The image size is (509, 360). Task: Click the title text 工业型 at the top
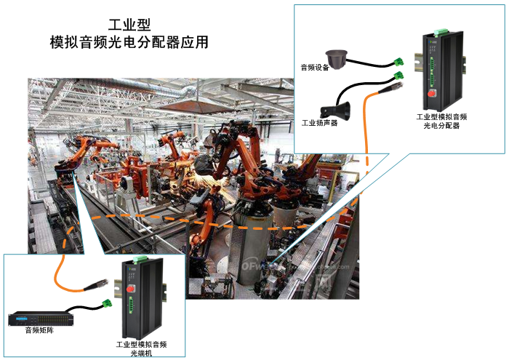point(129,24)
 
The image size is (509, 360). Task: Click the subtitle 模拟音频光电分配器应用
point(129,43)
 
